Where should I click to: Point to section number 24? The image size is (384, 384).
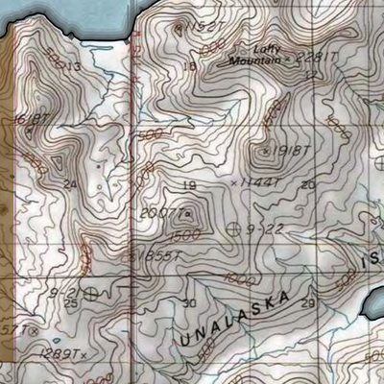[68, 183]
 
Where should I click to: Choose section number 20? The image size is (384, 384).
[307, 184]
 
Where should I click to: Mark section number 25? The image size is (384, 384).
[70, 303]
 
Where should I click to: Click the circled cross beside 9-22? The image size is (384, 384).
[235, 229]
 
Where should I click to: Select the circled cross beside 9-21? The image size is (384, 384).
[91, 293]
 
